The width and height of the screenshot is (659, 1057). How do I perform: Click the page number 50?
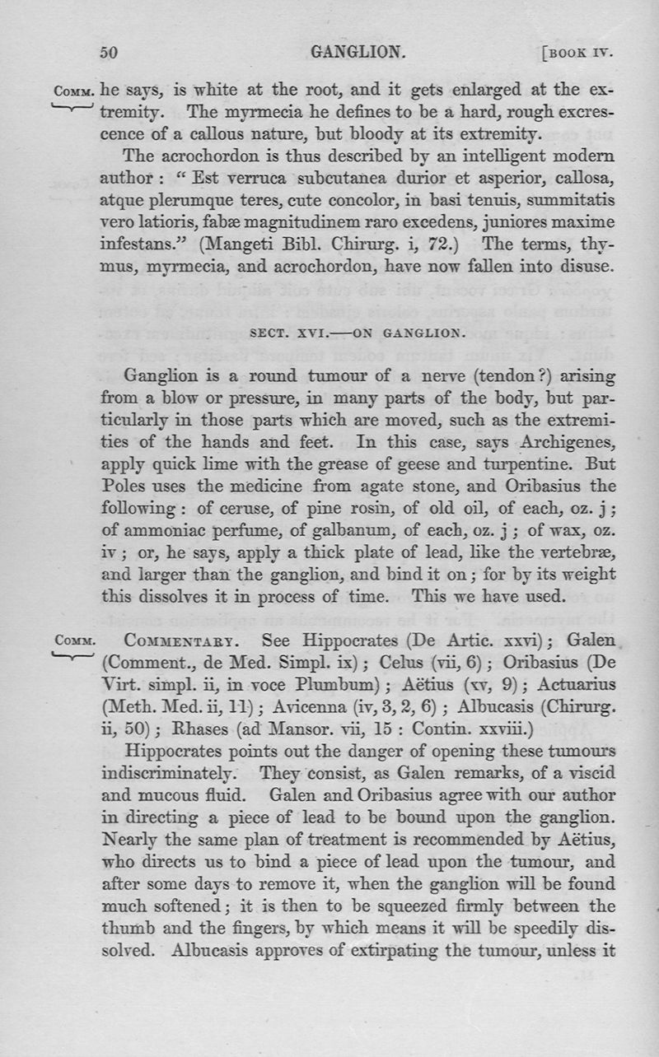point(110,53)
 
